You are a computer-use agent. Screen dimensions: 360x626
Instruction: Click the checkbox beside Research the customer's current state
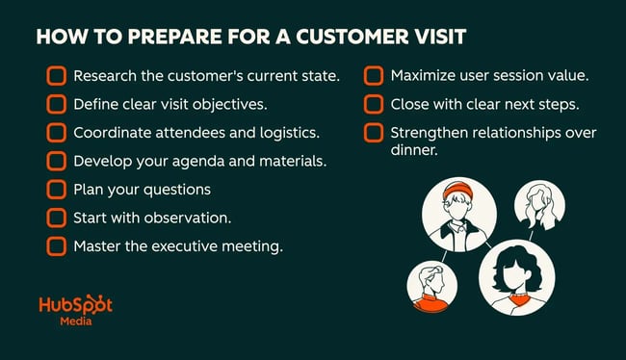point(56,75)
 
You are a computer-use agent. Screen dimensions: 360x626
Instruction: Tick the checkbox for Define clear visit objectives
point(56,103)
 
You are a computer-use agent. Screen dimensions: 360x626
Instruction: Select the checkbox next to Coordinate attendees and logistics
point(56,132)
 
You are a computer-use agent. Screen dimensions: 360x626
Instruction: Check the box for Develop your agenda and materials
point(56,161)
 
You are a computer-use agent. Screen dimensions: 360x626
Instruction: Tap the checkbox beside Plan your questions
point(56,190)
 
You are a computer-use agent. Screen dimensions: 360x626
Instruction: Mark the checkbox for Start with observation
point(56,218)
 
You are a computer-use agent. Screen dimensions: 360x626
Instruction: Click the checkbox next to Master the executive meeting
point(56,246)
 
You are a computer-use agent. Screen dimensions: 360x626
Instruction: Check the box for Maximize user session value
point(374,74)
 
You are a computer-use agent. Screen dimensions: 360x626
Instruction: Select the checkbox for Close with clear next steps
point(374,103)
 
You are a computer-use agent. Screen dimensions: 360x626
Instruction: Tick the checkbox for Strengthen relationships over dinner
point(374,132)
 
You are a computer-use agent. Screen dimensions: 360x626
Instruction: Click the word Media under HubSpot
point(75,325)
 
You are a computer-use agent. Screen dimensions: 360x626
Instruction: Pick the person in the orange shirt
point(431,287)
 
